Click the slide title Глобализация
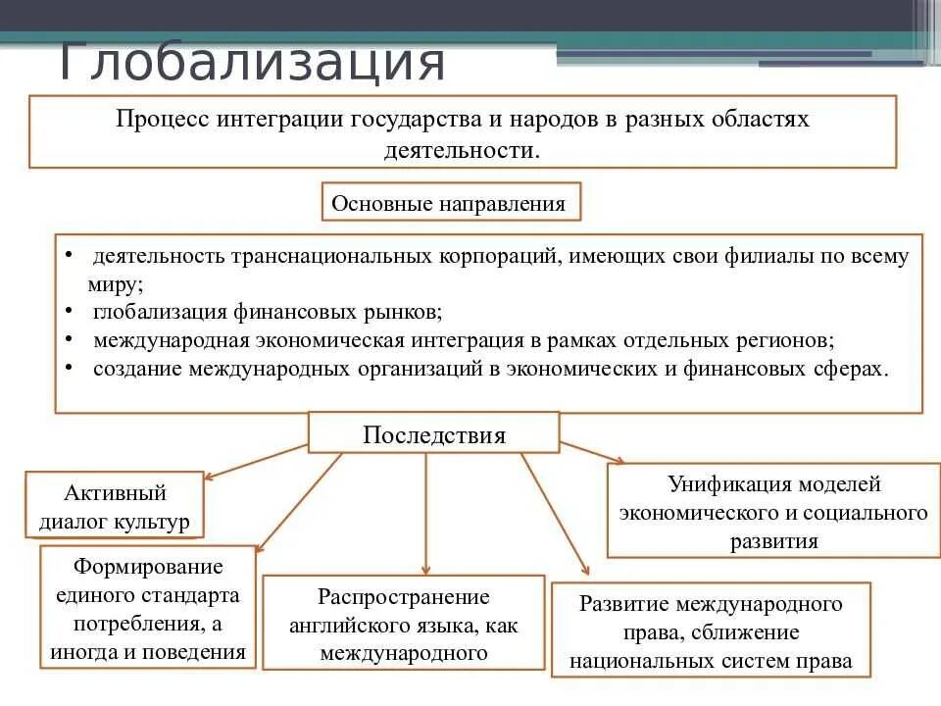point(252,62)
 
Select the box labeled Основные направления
point(450,203)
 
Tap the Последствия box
point(434,434)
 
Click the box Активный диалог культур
point(115,506)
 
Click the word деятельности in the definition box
point(461,150)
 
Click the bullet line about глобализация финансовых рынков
point(268,312)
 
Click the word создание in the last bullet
point(137,369)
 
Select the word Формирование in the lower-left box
point(148,566)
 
